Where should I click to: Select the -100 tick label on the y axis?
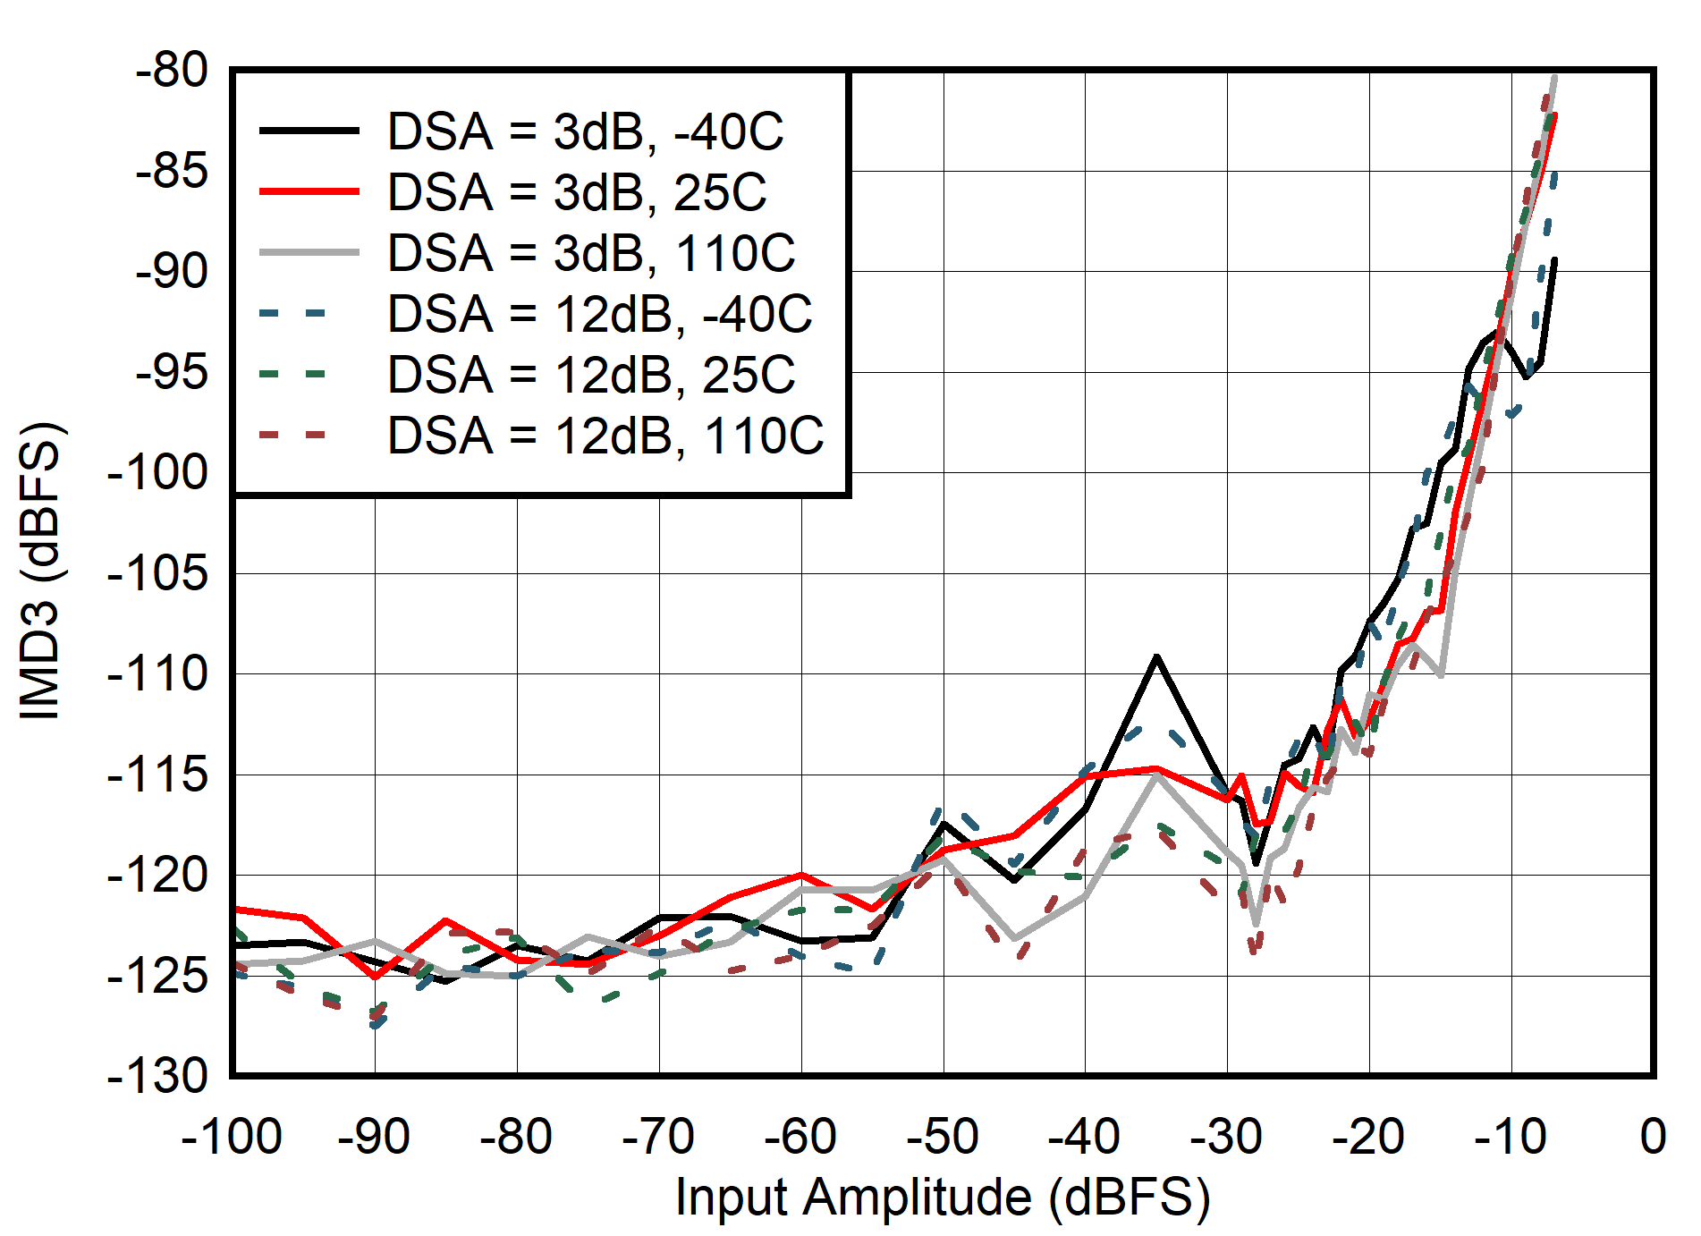click(x=157, y=472)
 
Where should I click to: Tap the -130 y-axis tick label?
click(x=157, y=1076)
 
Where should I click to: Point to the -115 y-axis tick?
click(x=157, y=775)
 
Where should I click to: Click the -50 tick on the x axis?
click(x=943, y=1138)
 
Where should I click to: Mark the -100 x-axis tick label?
click(x=232, y=1138)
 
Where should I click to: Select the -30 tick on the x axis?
click(x=1227, y=1138)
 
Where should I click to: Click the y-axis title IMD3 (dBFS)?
click(x=41, y=571)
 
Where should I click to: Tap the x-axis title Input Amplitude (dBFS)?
click(x=943, y=1197)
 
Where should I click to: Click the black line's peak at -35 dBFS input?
click(x=1157, y=657)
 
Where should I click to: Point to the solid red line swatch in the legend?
click(x=309, y=192)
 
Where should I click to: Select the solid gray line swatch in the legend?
click(x=309, y=253)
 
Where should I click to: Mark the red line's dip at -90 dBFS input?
click(x=376, y=977)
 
